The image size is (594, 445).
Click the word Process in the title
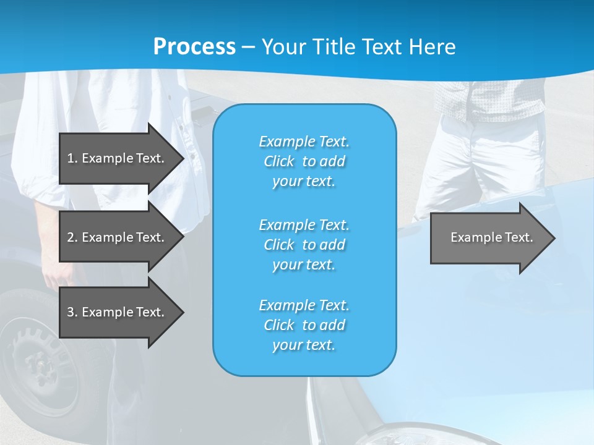tap(194, 46)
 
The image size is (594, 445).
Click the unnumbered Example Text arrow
tap(489, 237)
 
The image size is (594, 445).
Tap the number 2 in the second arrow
tap(71, 237)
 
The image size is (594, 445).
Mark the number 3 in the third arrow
tap(71, 312)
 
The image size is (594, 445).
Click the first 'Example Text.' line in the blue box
tap(304, 142)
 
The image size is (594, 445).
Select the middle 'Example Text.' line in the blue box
tap(304, 225)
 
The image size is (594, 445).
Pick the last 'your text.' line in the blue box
tap(304, 345)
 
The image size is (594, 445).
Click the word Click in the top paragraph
tap(279, 161)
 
